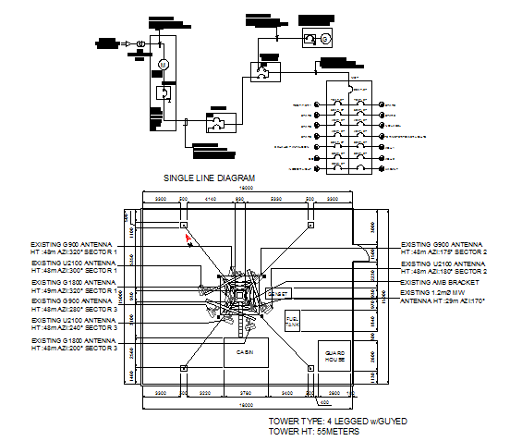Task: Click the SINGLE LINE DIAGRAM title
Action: tap(209, 177)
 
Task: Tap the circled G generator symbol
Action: tap(325, 38)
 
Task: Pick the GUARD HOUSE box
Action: tap(334, 357)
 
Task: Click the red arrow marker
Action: tap(188, 238)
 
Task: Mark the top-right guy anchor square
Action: tap(308, 225)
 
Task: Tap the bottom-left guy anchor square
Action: tap(184, 368)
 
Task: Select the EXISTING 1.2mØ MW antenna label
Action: tap(443, 297)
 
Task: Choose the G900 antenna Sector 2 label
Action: tap(443, 251)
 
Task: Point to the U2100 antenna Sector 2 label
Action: tap(443, 267)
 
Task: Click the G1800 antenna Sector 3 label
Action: tap(74, 346)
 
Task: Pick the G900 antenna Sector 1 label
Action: tap(74, 247)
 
